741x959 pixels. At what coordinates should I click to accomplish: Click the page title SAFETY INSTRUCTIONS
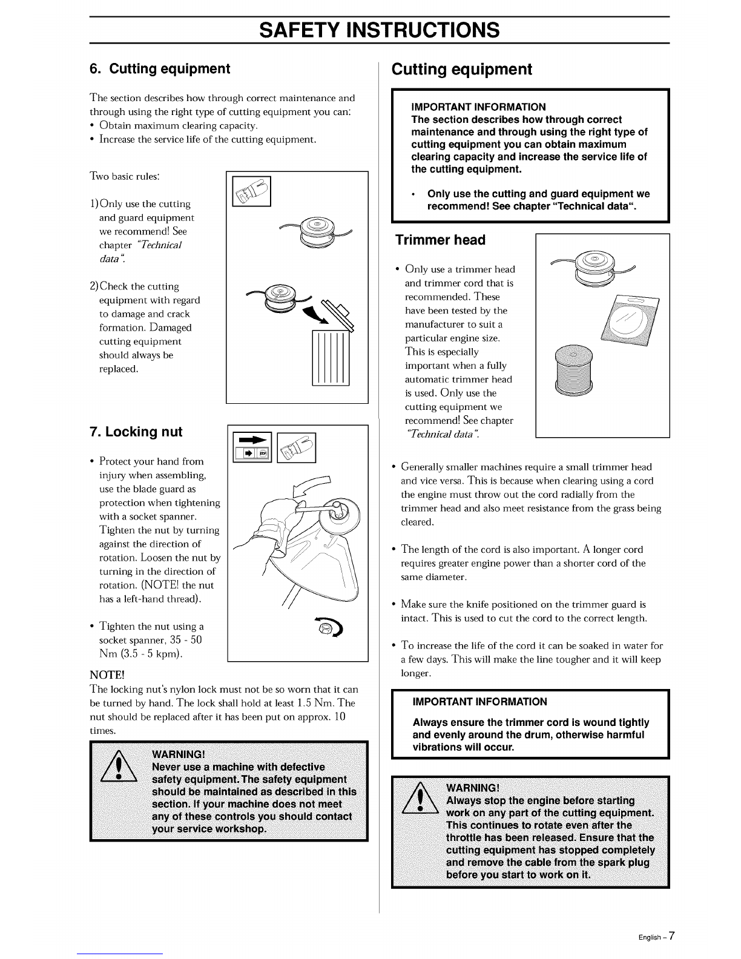(x=379, y=30)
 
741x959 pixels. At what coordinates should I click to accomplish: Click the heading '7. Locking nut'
(x=136, y=432)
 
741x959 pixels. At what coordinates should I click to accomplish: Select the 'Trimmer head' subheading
(x=440, y=240)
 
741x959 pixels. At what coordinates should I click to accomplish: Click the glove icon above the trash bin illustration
(x=252, y=191)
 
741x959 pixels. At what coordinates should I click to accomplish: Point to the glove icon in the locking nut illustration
(x=296, y=447)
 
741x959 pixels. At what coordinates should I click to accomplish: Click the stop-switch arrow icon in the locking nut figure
(x=252, y=447)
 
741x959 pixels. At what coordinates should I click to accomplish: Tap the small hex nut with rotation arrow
(x=329, y=626)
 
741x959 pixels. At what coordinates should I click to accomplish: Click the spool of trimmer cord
(x=573, y=370)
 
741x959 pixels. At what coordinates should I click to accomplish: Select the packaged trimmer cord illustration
(x=630, y=320)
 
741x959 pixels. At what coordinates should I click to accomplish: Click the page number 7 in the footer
(x=671, y=935)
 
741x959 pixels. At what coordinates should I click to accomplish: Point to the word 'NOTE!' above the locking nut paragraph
(x=107, y=675)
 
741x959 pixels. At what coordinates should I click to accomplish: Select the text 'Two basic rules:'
(x=125, y=177)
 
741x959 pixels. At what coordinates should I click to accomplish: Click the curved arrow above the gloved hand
(x=312, y=486)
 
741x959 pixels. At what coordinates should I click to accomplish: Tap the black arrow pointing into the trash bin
(x=315, y=314)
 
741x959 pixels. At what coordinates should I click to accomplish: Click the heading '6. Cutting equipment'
(x=160, y=69)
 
